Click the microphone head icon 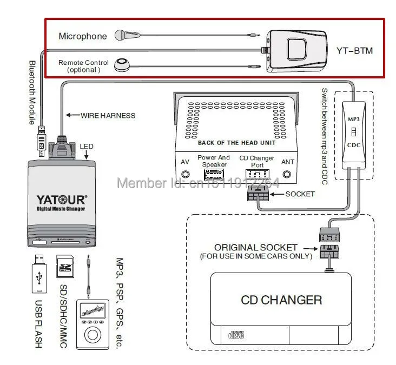point(122,36)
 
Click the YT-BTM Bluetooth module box point(297,50)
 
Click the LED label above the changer point(86,147)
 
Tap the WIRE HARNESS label point(108,115)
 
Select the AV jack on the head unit point(186,175)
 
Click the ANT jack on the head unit point(288,175)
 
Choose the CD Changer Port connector point(257,174)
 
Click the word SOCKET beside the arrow point(300,194)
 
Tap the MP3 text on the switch point(352,118)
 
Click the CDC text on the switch point(352,145)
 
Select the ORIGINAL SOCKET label point(256,248)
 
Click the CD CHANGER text point(281,300)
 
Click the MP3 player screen point(90,313)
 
